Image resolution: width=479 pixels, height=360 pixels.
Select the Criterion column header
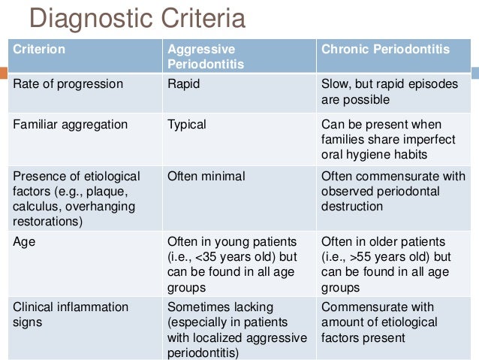point(38,50)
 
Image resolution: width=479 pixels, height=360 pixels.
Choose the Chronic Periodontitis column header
point(385,50)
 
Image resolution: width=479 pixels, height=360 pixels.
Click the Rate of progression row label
point(68,84)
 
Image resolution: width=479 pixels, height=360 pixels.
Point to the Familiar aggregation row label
point(71,124)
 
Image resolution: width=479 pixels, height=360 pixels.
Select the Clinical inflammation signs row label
point(71,313)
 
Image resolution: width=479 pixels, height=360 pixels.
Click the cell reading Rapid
point(183,84)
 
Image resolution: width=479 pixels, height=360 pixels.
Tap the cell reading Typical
point(186,124)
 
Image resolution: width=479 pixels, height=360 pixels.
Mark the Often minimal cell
point(206,176)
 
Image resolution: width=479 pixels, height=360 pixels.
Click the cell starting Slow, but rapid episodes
point(389,91)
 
